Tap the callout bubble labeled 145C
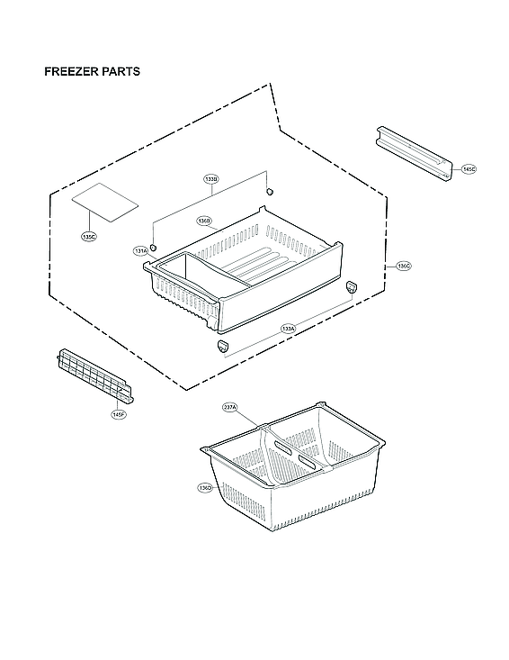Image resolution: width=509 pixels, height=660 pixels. coord(469,169)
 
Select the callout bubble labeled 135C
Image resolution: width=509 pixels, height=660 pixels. coord(88,237)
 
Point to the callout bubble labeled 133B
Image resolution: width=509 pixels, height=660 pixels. coord(210,180)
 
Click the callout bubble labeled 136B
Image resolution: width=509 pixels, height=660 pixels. coord(204,221)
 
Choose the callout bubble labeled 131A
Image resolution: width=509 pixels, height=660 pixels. coord(140,251)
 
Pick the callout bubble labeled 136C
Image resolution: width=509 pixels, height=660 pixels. coord(403,266)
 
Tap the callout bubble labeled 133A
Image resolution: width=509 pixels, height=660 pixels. coord(288,329)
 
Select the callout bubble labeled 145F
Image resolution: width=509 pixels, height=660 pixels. coord(119,414)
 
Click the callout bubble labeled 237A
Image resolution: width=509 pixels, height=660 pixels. coord(230,408)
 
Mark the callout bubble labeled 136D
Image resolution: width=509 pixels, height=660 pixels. coord(205,487)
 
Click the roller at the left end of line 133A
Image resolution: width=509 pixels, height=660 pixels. coord(222,345)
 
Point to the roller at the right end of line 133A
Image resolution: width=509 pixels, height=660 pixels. coord(352,285)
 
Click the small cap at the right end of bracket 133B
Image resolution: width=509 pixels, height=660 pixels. coord(269,192)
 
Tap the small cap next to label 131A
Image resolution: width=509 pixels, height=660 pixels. coord(154,247)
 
